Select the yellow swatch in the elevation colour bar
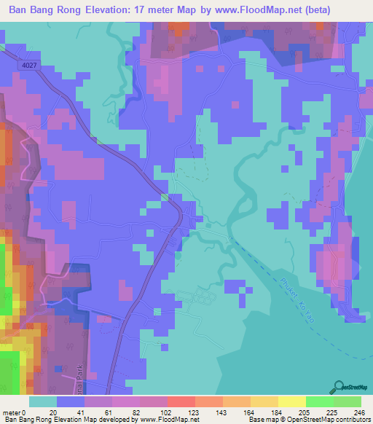point(291,401)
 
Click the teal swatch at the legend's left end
point(43,401)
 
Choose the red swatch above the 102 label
point(180,401)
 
